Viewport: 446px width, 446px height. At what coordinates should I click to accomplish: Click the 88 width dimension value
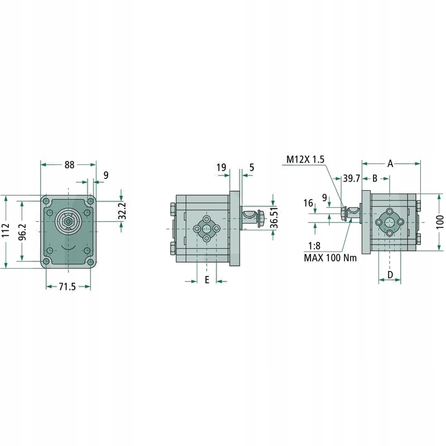(69, 164)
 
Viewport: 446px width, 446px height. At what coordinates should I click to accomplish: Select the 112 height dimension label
(6, 230)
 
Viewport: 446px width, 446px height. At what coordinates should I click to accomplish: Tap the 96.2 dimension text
(22, 232)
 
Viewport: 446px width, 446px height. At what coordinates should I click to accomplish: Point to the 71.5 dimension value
(67, 287)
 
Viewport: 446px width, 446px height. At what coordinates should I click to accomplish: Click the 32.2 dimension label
(122, 211)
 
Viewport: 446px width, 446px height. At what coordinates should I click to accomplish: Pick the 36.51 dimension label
(274, 218)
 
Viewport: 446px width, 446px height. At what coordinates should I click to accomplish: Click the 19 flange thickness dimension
(221, 167)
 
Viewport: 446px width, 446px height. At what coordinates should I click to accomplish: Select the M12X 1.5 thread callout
(305, 159)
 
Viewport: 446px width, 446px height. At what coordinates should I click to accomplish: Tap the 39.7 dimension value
(351, 178)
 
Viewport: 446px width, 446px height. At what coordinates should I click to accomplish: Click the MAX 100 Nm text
(330, 258)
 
